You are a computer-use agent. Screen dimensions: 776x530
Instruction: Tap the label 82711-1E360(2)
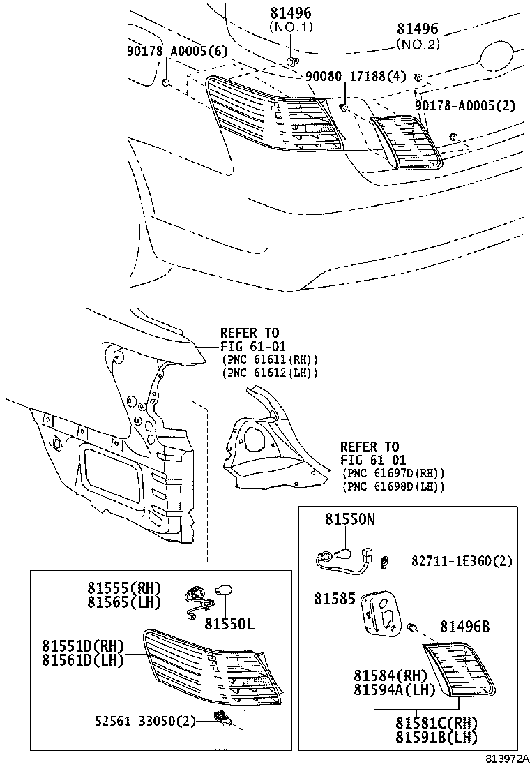click(x=461, y=560)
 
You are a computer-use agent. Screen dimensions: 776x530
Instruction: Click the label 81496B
click(x=464, y=627)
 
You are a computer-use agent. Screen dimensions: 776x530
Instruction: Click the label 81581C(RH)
click(x=437, y=723)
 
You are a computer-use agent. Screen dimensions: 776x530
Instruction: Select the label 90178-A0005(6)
click(x=167, y=51)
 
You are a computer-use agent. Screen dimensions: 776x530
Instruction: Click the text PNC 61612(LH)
click(x=270, y=373)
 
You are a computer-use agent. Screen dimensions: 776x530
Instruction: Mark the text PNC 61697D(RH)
click(x=394, y=473)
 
